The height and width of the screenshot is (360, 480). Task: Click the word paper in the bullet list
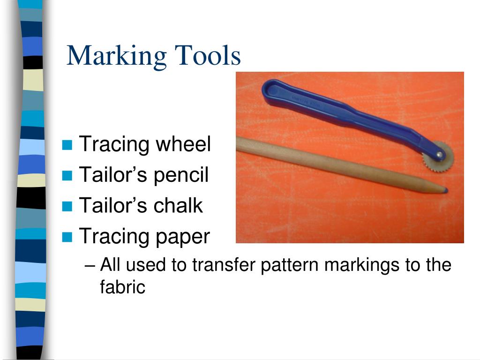coord(182,237)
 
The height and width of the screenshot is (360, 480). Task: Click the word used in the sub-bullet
coord(147,265)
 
